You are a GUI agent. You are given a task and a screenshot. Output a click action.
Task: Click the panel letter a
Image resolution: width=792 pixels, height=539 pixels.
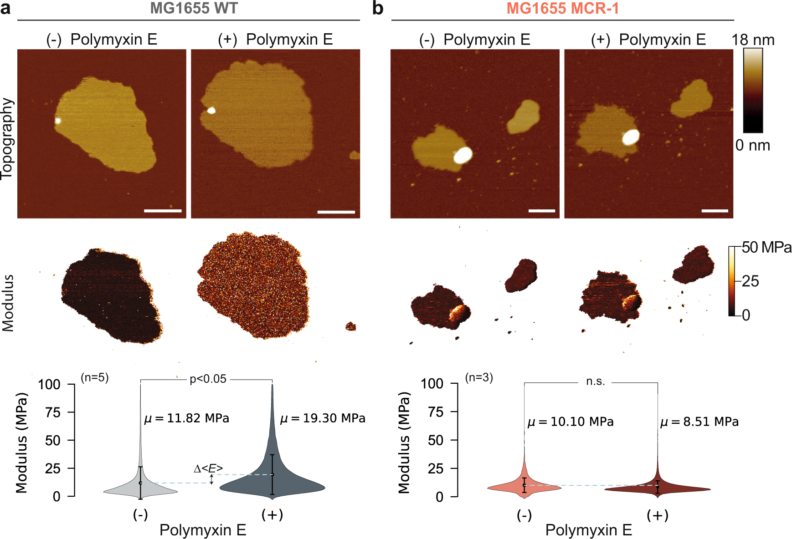coord(5,8)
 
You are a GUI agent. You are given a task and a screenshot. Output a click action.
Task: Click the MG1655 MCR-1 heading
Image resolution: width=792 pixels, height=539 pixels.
coord(562,8)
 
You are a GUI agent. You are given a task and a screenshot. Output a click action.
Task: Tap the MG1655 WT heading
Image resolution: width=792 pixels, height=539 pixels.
coord(194,8)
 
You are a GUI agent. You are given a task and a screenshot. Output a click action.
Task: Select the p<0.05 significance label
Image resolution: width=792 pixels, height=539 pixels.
coord(208,379)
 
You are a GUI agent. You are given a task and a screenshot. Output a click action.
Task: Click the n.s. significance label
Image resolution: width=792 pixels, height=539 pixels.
coord(595,381)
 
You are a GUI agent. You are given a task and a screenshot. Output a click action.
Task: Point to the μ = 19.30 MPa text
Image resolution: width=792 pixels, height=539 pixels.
coord(323,418)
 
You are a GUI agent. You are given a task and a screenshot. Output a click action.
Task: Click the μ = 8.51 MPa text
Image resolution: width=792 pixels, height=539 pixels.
coord(699,422)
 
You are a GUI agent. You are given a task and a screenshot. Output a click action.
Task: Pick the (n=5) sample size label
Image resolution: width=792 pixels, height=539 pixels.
coord(94,377)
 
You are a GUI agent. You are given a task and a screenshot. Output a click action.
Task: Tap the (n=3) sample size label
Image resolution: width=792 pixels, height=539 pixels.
coord(478,377)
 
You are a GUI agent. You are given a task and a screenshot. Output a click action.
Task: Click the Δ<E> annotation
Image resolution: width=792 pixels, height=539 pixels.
coord(208,468)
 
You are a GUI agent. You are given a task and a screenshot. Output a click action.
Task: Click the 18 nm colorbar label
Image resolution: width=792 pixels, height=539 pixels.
coord(753,40)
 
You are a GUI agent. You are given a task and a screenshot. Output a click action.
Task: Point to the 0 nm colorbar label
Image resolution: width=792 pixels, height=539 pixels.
coord(752,145)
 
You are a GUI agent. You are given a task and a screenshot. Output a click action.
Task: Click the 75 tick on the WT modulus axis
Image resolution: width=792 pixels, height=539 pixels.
coord(53,412)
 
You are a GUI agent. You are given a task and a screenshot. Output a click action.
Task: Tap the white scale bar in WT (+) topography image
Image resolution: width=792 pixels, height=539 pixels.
coord(336,212)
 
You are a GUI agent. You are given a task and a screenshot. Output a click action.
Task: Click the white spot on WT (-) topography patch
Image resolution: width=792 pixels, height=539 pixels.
coord(58,121)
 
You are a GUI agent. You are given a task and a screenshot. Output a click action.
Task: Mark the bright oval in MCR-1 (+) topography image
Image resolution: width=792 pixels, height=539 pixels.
coord(631,137)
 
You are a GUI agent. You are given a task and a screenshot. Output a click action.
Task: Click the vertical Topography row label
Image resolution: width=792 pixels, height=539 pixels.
coord(7,139)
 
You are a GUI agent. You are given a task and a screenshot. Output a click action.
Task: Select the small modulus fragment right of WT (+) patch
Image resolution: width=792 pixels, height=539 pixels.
coord(350,326)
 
